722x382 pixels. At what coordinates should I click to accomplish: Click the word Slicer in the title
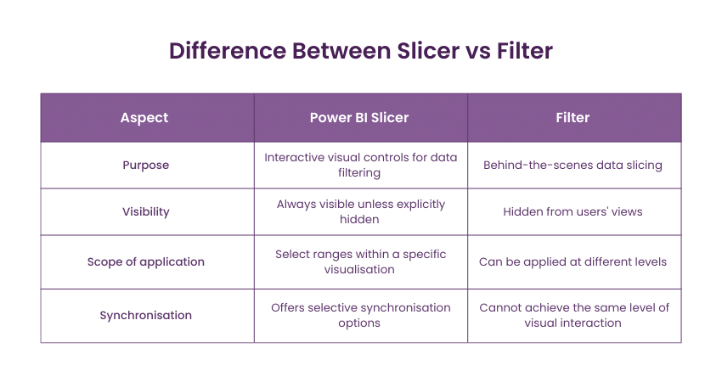(428, 51)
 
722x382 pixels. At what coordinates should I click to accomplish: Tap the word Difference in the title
(228, 51)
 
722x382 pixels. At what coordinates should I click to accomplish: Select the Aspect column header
(144, 118)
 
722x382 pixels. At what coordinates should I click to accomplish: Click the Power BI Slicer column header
(359, 118)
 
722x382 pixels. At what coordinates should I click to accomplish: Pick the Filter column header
(573, 118)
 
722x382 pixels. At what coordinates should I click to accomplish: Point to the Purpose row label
(145, 166)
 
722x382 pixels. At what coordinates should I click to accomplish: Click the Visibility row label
(145, 211)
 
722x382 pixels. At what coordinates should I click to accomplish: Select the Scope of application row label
(145, 261)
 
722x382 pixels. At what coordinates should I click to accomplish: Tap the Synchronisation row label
(145, 315)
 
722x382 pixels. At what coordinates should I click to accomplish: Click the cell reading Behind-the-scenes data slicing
(573, 166)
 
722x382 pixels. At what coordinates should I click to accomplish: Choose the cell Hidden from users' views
(573, 211)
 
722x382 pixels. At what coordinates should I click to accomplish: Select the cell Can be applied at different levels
(573, 261)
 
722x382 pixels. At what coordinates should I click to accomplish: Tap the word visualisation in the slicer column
(359, 270)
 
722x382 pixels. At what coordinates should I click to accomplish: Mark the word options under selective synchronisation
(359, 323)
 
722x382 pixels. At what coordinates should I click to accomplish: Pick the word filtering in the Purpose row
(359, 173)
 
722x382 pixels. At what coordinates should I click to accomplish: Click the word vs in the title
(478, 52)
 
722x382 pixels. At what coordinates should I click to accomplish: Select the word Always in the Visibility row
(292, 205)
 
